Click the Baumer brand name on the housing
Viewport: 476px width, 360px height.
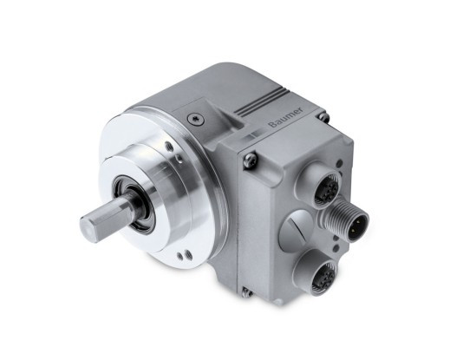pyautogui.click(x=286, y=117)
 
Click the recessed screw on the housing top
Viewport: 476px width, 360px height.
pyautogui.click(x=196, y=119)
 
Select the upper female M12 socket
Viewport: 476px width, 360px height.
pyautogui.click(x=323, y=186)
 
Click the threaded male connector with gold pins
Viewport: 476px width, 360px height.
pyautogui.click(x=349, y=220)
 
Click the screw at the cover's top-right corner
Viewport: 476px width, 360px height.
pyautogui.click(x=324, y=117)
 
